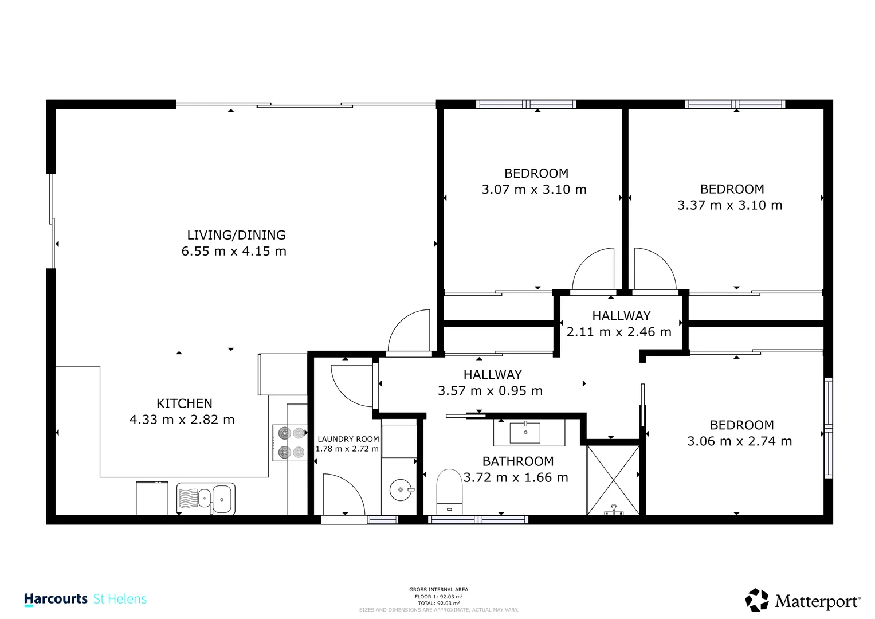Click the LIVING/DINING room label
tap(236, 235)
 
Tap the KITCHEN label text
tap(185, 403)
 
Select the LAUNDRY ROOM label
tap(348, 439)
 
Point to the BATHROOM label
tap(518, 461)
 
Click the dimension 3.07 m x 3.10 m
tap(534, 190)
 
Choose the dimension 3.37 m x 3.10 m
tap(730, 205)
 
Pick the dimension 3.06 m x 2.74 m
tap(740, 441)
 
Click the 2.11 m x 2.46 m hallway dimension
tap(619, 332)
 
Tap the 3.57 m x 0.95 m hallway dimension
tap(490, 391)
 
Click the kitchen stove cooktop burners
tap(291, 443)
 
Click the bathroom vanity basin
tap(525, 432)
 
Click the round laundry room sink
tap(400, 490)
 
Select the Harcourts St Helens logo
tap(85, 600)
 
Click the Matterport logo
tap(802, 601)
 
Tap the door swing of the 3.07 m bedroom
tap(595, 269)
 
